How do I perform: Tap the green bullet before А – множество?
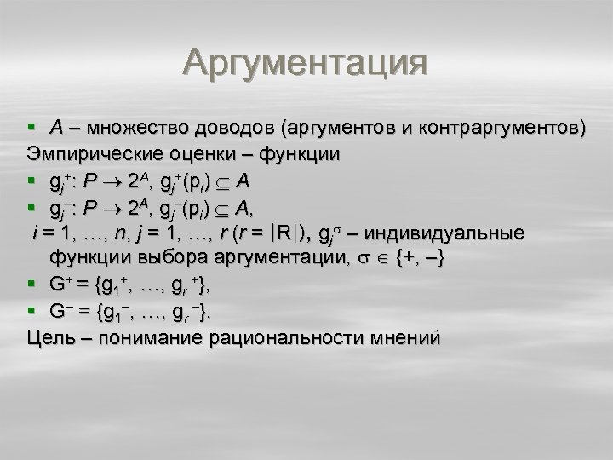tap(32, 129)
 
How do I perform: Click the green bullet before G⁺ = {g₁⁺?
tap(32, 285)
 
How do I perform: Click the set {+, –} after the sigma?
tap(416, 258)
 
